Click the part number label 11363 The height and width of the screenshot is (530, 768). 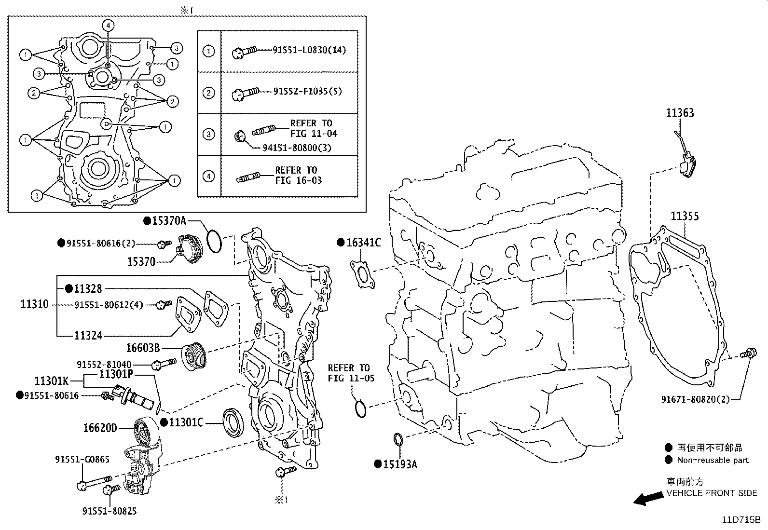tap(680, 113)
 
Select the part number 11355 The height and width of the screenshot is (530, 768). tap(685, 217)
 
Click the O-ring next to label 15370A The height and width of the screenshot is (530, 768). tap(214, 241)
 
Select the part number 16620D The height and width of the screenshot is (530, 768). tap(100, 427)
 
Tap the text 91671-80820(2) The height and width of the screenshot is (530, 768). tap(695, 399)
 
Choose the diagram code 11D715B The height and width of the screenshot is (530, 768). tap(741, 520)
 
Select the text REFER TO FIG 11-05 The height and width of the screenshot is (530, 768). tap(351, 373)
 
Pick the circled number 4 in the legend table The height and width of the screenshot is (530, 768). tap(208, 176)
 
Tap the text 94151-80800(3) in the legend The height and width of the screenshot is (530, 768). tap(297, 148)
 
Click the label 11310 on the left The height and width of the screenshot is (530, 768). tap(34, 304)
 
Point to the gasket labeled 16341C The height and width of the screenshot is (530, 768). tap(361, 274)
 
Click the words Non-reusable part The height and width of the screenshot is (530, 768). tap(713, 460)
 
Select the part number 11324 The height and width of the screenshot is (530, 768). tap(88, 335)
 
